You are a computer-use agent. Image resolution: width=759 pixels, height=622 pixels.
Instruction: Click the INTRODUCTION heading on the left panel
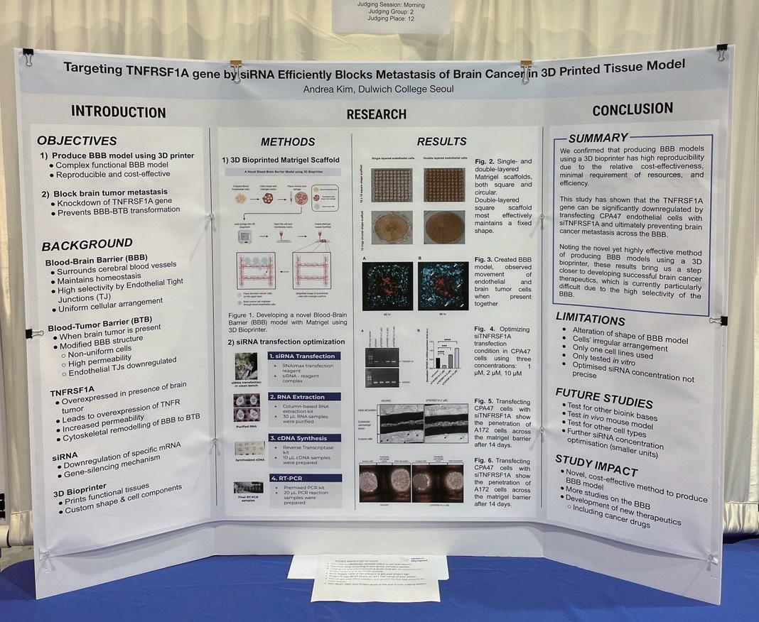118,112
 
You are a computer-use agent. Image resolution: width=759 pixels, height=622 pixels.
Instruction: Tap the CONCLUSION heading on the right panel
632,109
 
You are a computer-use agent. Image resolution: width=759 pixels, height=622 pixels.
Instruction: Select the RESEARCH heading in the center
376,114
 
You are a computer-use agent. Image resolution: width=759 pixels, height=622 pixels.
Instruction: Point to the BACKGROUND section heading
87,245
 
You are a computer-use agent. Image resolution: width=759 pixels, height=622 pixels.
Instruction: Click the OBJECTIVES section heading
77,141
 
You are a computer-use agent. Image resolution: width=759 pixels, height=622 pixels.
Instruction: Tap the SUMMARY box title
598,138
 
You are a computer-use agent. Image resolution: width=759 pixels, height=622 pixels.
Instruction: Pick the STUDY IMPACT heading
596,461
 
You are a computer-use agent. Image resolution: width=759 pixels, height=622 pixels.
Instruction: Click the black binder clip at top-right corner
721,51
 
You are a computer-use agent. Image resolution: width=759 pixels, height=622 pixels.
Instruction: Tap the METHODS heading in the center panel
288,142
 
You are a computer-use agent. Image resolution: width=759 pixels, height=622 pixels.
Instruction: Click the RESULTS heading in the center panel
441,141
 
